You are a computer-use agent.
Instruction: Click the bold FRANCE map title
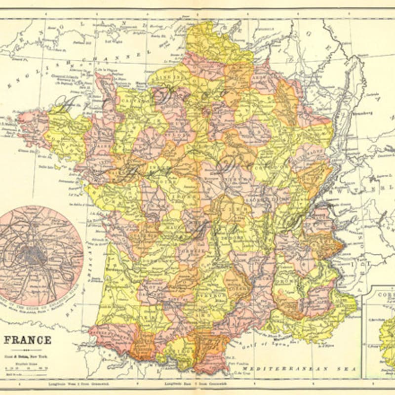tap(28, 340)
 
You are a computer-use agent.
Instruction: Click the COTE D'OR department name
tap(269, 168)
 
